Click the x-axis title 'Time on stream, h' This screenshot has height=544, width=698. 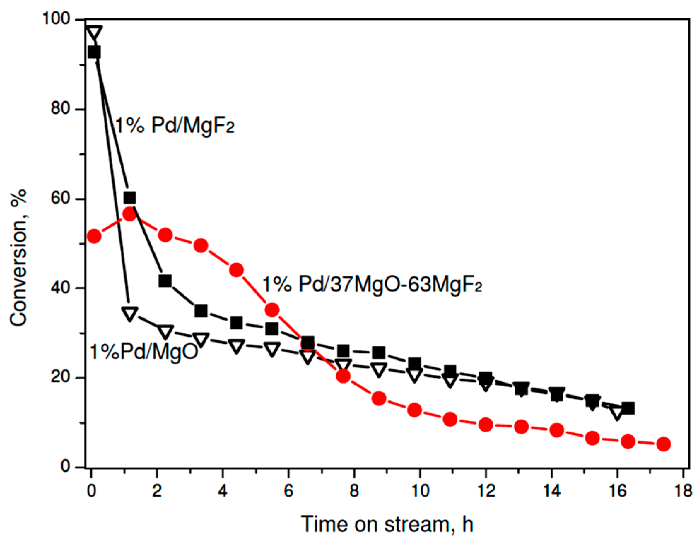pos(387,524)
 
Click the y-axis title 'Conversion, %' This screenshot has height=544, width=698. pos(18,258)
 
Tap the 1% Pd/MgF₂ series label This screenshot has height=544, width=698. pos(175,125)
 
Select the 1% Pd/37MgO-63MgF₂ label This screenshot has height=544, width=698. pos(372,285)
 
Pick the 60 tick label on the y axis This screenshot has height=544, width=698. pos(60,198)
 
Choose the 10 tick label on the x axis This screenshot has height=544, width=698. pos(420,491)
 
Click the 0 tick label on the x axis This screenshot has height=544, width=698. pos(92,491)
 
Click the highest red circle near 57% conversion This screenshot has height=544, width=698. pos(130,214)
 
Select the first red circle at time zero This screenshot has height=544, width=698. pos(94,236)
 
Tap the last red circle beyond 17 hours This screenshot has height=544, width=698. pos(663,444)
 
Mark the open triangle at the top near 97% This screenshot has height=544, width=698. pos(94,33)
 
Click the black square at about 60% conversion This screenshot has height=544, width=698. pos(130,198)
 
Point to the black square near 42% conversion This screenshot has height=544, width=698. pos(165,281)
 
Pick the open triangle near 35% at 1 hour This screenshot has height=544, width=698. pos(130,314)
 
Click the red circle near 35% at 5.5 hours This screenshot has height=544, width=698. pos(272,310)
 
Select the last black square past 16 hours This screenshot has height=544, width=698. pos(628,408)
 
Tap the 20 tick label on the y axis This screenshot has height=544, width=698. pos(60,377)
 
